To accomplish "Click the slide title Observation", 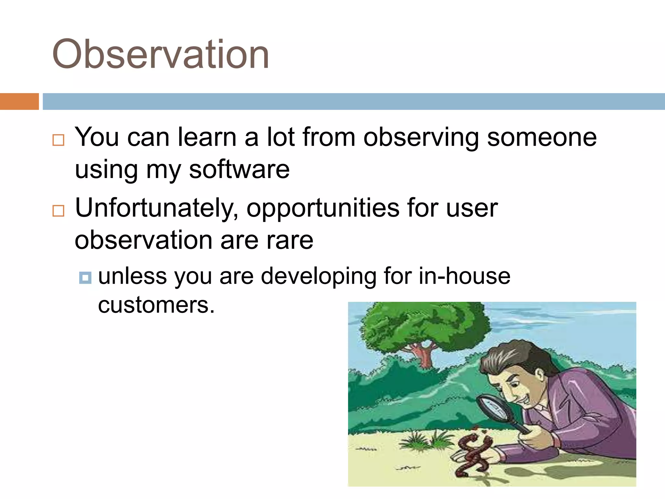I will tap(160, 54).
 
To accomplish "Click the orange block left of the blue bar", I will tap(19, 101).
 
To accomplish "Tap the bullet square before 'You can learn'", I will tap(58, 140).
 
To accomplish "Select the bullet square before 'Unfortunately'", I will tap(58, 211).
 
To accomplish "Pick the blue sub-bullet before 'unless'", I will tap(85, 278).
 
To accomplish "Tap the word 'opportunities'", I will tap(323, 208).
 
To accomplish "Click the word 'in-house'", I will tap(464, 276).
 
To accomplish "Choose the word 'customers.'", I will tap(156, 305).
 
